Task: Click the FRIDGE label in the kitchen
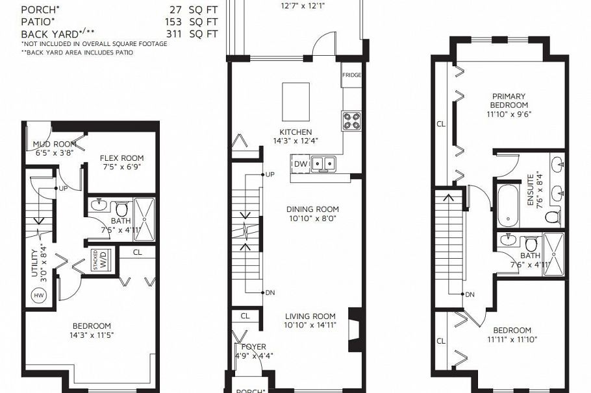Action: tap(351, 75)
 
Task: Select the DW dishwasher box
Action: tap(300, 164)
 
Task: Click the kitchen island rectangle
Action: tap(295, 99)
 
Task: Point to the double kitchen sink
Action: tap(323, 163)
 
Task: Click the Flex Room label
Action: tap(121, 158)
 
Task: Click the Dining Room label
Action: tap(312, 209)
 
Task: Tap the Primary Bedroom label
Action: tap(509, 101)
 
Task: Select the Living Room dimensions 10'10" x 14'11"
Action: tap(310, 326)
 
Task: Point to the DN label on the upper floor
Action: tap(470, 294)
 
